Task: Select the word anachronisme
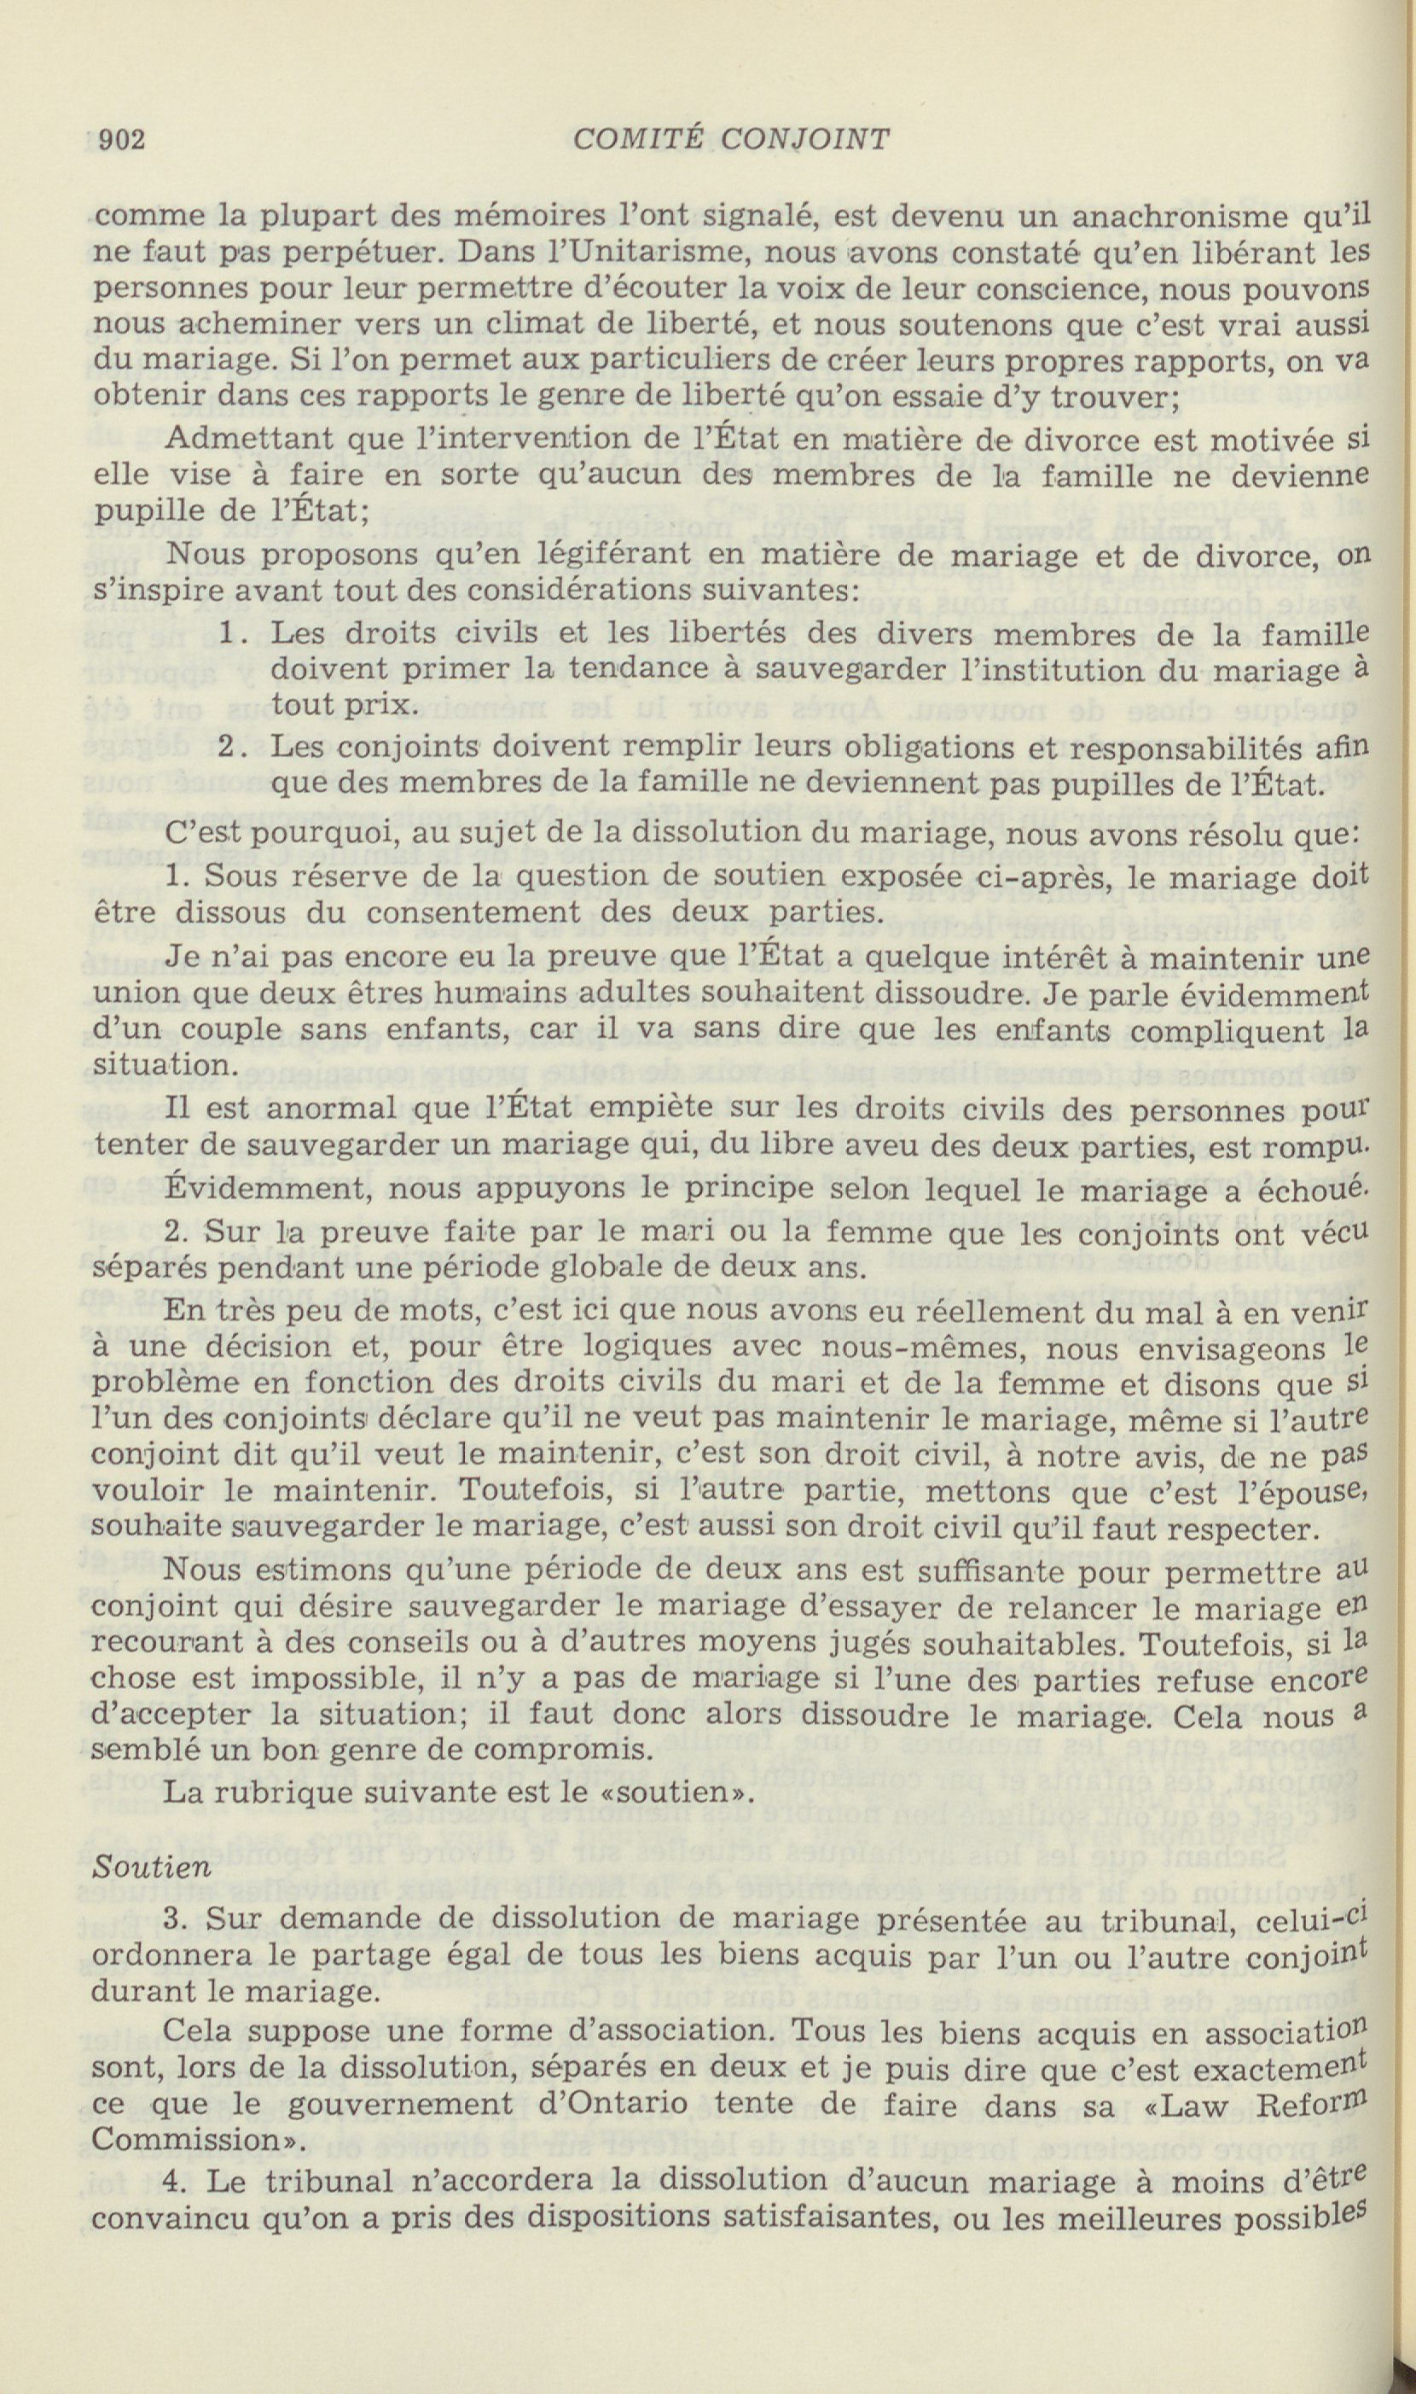[x=1176, y=218]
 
